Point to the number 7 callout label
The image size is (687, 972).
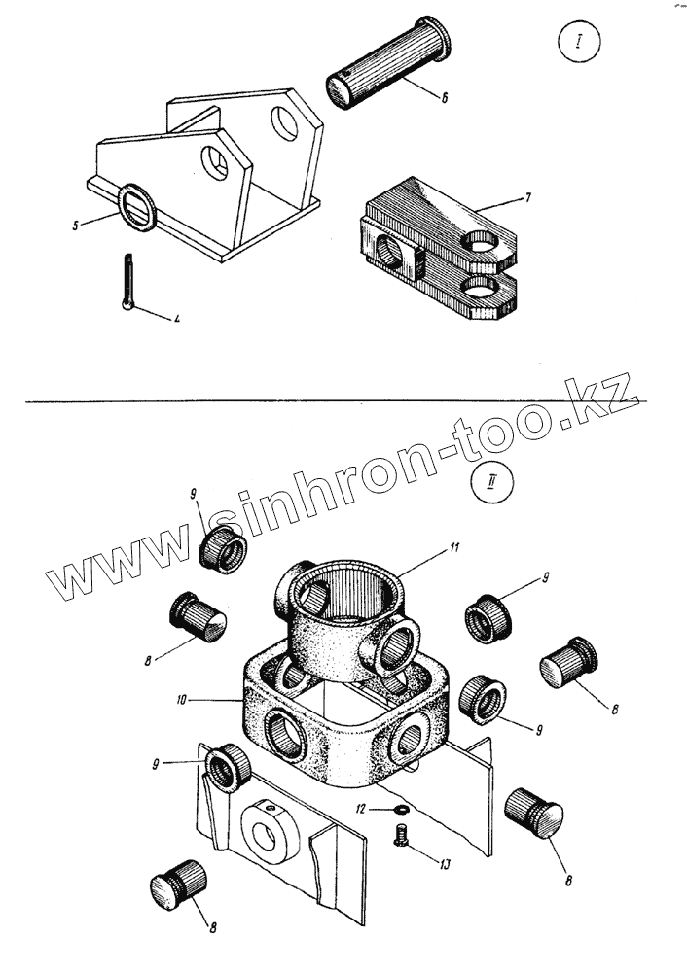pos(526,198)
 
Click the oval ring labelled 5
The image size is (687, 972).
pos(135,207)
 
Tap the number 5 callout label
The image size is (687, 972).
pos(74,226)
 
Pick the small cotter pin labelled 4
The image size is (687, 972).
pos(129,281)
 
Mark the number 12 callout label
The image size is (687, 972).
pos(360,807)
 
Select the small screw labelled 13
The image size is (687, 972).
pos(399,833)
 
